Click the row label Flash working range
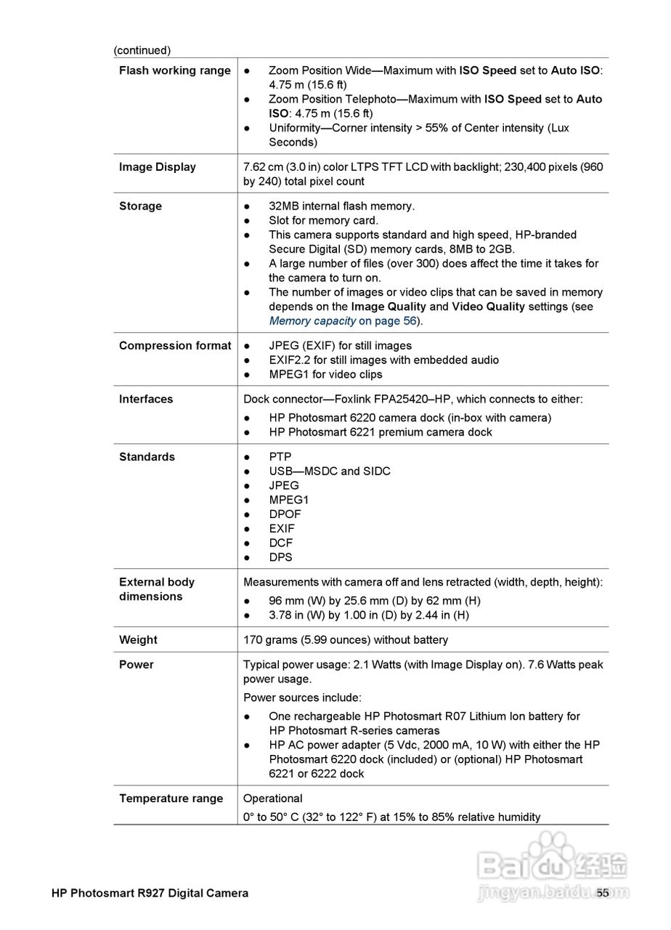coord(174,70)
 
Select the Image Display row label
coord(157,167)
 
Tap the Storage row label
coord(140,206)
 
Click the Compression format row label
coord(174,346)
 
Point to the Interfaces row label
coord(146,399)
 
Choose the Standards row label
coord(147,457)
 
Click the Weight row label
coord(138,640)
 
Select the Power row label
coord(136,665)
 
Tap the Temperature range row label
coord(171,798)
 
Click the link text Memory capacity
coord(312,321)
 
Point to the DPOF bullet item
coord(285,514)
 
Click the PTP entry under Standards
coord(280,457)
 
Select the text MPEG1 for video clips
coord(325,375)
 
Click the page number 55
coord(603,893)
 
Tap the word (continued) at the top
coord(142,50)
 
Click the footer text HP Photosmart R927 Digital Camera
coord(150,893)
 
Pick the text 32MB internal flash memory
coord(341,206)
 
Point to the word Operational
coord(272,798)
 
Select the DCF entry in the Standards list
coord(280,543)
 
